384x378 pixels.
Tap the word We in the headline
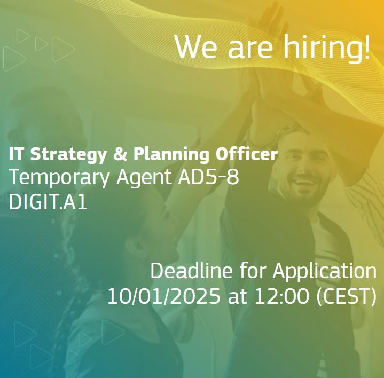pos(196,46)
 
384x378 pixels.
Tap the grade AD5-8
pos(208,177)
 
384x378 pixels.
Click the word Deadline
pos(191,271)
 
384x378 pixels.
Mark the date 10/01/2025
pos(163,296)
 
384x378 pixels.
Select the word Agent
pos(144,178)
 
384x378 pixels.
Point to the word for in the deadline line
pos(253,271)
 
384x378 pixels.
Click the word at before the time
pos(237,297)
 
